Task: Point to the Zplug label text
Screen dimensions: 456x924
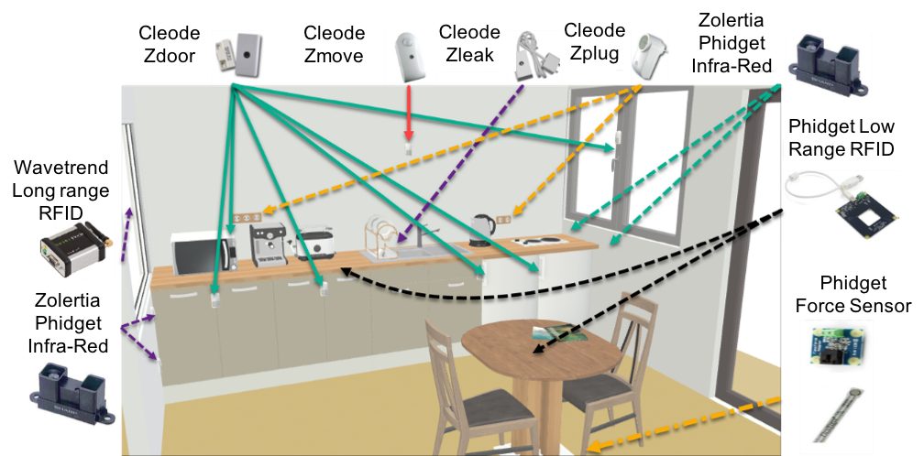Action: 594,53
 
